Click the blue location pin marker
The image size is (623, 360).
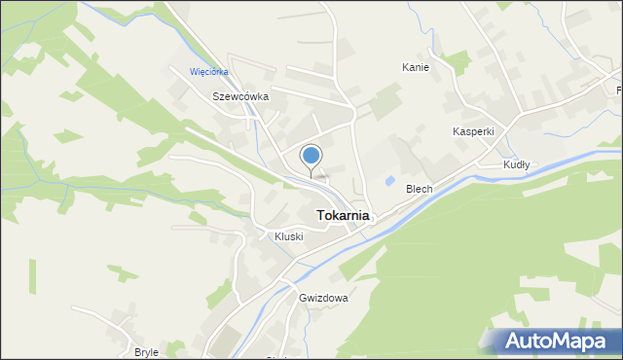[311, 156]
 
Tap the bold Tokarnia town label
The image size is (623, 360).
[341, 216]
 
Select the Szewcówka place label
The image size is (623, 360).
[240, 97]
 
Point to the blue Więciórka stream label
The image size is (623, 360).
[209, 71]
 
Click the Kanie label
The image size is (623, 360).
[417, 67]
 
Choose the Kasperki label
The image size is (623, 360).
[473, 131]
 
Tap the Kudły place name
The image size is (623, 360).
[516, 165]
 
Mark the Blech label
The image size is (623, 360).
[420, 189]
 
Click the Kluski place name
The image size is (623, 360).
[289, 236]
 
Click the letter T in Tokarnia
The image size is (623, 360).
[317, 216]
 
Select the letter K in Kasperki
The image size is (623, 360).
[456, 131]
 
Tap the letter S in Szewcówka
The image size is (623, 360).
[216, 97]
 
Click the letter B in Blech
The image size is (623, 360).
[410, 189]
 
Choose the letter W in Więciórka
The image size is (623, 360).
[194, 71]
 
